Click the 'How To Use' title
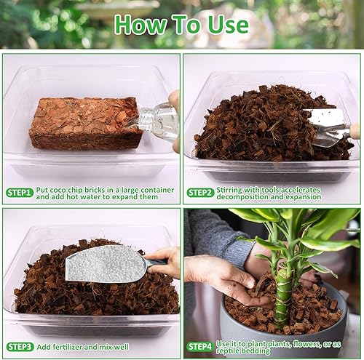coord(181,23)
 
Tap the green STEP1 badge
coord(20,193)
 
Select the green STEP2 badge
coord(200,193)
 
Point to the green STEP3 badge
coord(20,346)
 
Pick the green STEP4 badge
coord(200,346)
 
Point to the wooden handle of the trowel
coord(355,131)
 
